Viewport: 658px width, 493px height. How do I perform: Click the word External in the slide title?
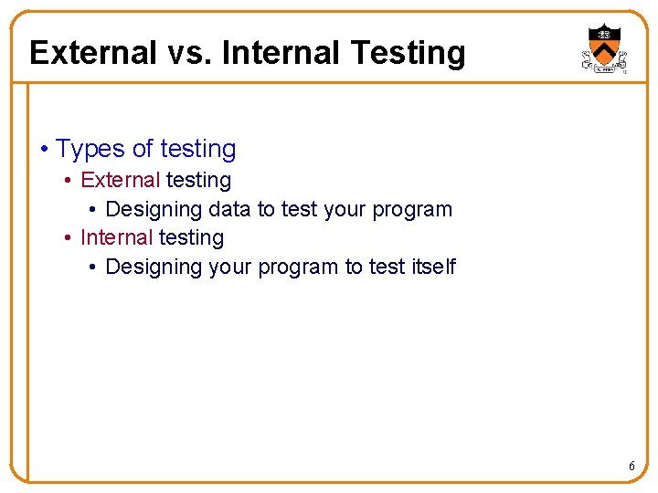tap(92, 53)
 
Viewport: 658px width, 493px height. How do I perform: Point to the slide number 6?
tap(631, 467)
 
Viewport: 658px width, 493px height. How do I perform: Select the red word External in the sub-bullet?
tap(120, 181)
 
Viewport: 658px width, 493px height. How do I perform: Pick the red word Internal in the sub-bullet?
tap(116, 238)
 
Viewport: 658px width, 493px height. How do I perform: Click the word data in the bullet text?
tap(229, 209)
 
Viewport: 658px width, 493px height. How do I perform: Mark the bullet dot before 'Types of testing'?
tap(45, 150)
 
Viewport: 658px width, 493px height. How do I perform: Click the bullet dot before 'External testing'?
tap(69, 181)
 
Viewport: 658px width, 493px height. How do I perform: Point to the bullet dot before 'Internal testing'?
tap(69, 238)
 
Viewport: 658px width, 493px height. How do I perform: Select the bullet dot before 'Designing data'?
tap(94, 210)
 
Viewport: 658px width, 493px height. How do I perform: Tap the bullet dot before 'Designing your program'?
tap(94, 267)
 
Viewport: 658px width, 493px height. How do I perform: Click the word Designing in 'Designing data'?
tap(154, 210)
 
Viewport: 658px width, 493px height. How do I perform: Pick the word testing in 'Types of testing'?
tap(197, 150)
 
